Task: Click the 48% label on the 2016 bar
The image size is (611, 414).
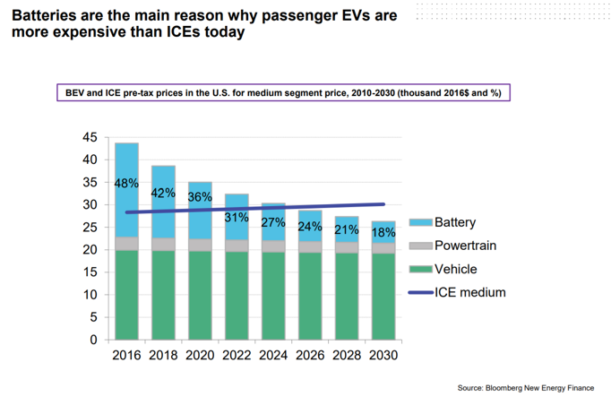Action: (126, 183)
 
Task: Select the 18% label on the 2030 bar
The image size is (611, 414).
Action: (383, 233)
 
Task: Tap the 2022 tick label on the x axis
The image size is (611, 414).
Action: (237, 355)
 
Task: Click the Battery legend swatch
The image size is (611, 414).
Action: (420, 222)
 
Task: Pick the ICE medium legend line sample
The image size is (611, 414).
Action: (420, 292)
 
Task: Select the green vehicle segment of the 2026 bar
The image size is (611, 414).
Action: (310, 296)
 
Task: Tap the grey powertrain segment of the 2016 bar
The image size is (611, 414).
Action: (126, 244)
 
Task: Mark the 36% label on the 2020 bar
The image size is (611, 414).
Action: (200, 197)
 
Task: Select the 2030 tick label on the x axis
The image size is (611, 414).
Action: (383, 355)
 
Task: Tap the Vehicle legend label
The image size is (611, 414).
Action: (458, 269)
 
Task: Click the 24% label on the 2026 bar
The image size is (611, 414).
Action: (310, 227)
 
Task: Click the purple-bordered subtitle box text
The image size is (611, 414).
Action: (283, 92)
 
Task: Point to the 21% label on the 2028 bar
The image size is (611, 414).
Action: (347, 230)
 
